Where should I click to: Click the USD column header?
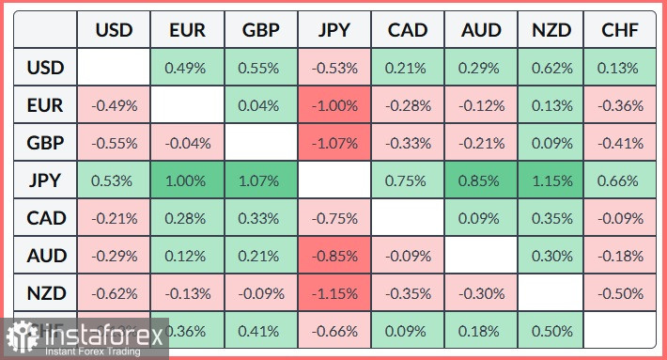point(114,30)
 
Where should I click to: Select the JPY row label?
point(45,180)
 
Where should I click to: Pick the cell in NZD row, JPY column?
point(334,293)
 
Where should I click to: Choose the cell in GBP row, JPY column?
point(334,143)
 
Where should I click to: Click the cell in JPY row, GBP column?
point(261,180)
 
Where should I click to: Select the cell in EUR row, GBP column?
point(261,105)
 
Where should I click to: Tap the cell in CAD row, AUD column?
point(481,218)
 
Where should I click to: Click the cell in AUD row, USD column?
point(114,256)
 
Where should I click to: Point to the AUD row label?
point(45,256)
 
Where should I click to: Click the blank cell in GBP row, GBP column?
point(261,143)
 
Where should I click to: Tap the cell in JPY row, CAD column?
point(408,180)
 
